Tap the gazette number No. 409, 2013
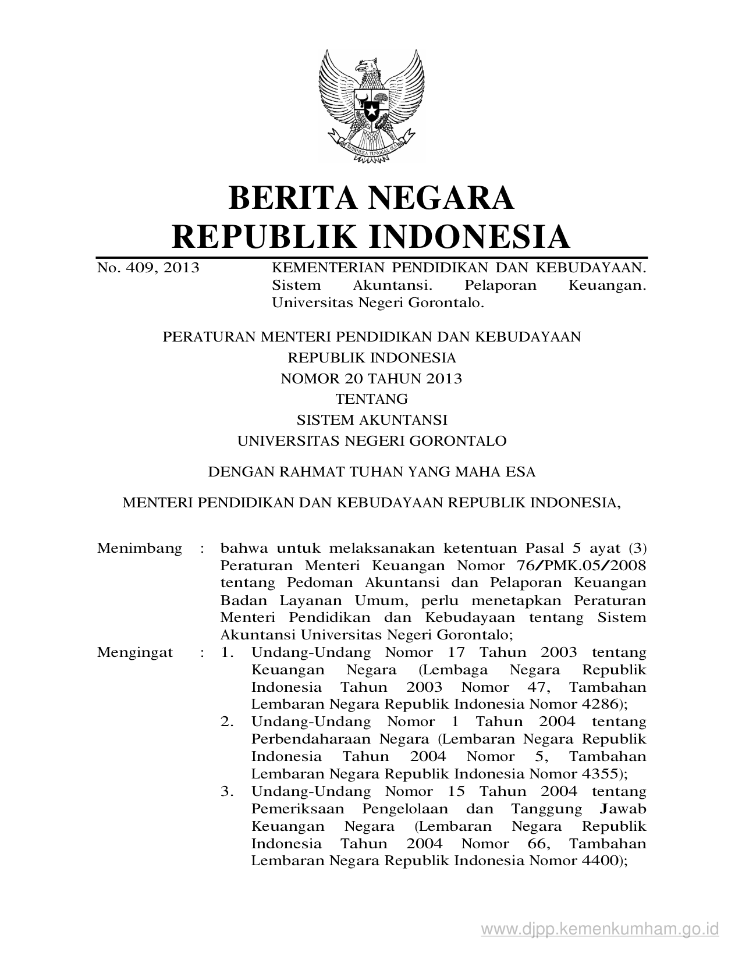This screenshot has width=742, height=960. pyautogui.click(x=148, y=268)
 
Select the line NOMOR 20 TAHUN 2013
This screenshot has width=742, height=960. pyautogui.click(x=371, y=379)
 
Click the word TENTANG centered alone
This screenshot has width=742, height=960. pyautogui.click(x=371, y=399)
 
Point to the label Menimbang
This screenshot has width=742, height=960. pyautogui.click(x=140, y=548)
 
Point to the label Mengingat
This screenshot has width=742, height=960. pyautogui.click(x=135, y=652)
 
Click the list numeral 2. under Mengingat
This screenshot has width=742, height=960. pyautogui.click(x=227, y=722)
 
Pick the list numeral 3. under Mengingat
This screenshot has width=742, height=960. pyautogui.click(x=227, y=792)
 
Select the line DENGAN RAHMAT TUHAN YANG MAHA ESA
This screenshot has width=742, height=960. pyautogui.click(x=371, y=472)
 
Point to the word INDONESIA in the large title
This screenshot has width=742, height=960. pyautogui.click(x=469, y=236)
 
